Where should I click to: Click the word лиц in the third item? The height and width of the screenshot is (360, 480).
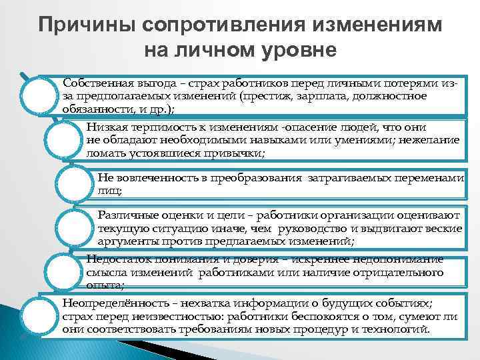coord(108,191)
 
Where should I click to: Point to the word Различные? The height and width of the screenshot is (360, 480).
coord(124,215)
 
